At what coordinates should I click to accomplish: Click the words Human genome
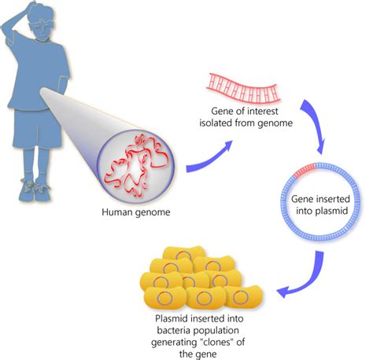point(136,211)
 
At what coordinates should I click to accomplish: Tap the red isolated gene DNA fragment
point(243,90)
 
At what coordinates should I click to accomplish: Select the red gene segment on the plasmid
point(304,171)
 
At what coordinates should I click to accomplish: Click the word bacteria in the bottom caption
point(174,330)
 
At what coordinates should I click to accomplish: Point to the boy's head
point(42,20)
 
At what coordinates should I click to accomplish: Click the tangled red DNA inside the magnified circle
point(136,166)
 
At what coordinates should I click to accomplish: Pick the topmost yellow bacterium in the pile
point(184,253)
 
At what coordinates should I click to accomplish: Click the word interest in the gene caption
point(261,111)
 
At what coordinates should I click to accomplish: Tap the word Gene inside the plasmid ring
point(303,199)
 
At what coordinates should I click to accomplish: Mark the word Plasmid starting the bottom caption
point(172,318)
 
